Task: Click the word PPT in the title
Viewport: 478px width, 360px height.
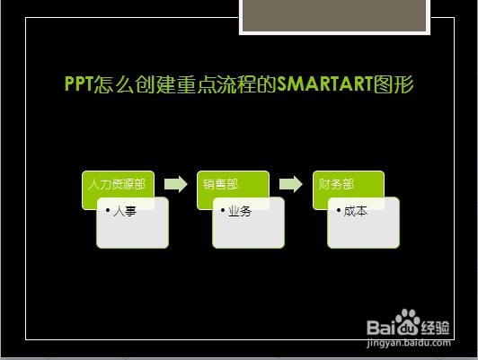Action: (79, 83)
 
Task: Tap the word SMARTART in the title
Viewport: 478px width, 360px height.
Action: (325, 83)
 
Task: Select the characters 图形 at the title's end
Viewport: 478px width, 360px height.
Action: (394, 84)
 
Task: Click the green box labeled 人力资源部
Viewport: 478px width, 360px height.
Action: (118, 184)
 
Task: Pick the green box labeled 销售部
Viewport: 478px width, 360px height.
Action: (233, 184)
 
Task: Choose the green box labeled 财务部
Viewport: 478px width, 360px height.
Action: (348, 184)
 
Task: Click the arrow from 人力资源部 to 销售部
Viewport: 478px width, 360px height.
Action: (176, 184)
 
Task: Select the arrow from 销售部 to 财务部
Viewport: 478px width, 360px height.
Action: (291, 184)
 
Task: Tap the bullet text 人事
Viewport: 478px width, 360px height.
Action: (124, 211)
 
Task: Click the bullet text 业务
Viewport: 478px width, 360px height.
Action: (240, 211)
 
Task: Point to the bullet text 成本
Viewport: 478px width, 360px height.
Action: (356, 211)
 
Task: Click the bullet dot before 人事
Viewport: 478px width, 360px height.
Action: (108, 210)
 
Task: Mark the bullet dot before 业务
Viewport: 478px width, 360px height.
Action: (223, 210)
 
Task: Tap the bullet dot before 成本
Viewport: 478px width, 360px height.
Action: (339, 210)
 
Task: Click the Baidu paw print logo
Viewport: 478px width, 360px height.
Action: (407, 321)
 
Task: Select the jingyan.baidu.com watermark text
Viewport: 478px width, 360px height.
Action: (409, 343)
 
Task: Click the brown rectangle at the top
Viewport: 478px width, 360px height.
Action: (334, 15)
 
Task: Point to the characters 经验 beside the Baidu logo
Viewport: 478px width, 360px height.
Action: (435, 328)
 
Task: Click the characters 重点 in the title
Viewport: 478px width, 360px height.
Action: (196, 84)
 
